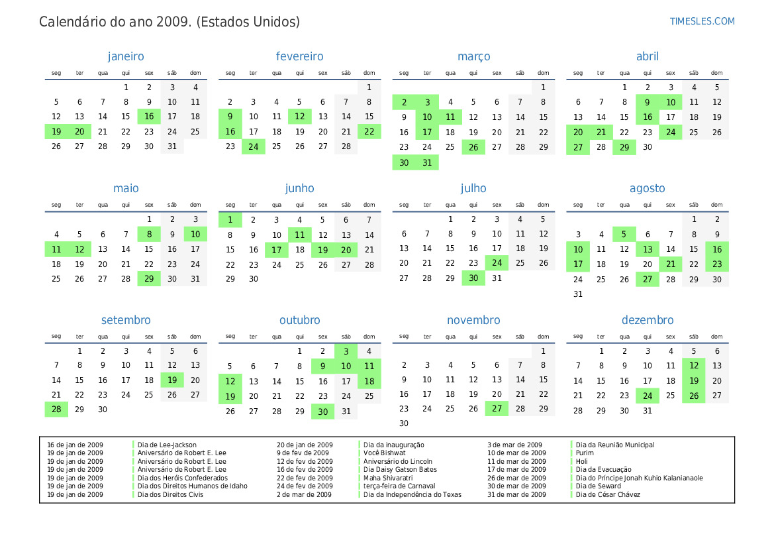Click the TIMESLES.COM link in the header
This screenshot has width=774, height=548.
[x=702, y=21]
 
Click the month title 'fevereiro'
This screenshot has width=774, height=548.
[x=299, y=57]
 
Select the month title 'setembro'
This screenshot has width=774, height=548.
[x=126, y=321]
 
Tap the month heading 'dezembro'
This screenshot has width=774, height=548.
[x=647, y=321]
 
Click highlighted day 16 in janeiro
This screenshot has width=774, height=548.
[x=149, y=117]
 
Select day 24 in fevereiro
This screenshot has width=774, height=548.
[x=254, y=146]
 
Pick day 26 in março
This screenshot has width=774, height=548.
[x=473, y=146]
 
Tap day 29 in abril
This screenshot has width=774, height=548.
[x=624, y=146]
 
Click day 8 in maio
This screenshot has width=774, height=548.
[x=149, y=234]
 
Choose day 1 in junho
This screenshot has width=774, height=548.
[x=230, y=219]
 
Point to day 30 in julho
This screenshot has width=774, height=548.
[x=473, y=278]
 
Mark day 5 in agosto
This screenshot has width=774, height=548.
[x=624, y=234]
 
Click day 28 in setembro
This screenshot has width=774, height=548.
[x=56, y=410]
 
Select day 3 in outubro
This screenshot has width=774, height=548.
[x=346, y=351]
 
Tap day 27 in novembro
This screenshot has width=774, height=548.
[x=497, y=410]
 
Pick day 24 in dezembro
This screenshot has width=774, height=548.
[x=648, y=396]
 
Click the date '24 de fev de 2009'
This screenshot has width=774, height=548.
[x=305, y=486]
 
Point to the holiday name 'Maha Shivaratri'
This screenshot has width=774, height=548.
[x=388, y=478]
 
